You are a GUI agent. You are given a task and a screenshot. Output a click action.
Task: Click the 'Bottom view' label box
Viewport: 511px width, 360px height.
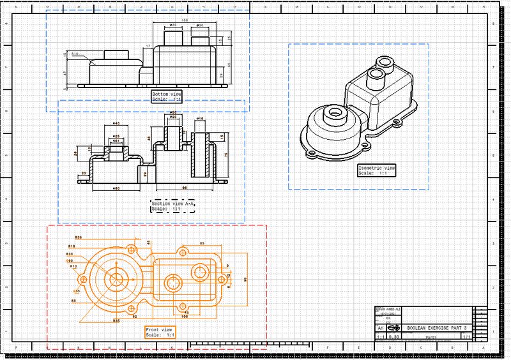point(167,96)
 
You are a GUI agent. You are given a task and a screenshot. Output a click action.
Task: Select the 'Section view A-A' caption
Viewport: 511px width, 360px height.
point(172,206)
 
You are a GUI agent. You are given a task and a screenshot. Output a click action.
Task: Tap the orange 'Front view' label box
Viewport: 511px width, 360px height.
point(160,332)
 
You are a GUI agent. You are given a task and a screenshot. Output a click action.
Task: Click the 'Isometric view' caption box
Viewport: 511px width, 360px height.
point(376,170)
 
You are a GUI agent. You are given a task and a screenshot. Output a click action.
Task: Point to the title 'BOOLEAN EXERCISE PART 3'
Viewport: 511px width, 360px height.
point(436,327)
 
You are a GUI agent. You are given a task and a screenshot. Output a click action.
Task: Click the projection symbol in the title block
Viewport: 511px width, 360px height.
point(395,327)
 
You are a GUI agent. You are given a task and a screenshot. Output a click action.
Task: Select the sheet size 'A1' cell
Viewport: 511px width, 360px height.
point(380,327)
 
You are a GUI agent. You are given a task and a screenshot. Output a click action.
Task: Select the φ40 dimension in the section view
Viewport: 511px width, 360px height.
point(116,123)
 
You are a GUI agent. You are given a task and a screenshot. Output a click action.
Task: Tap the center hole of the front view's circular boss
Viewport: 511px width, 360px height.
point(116,280)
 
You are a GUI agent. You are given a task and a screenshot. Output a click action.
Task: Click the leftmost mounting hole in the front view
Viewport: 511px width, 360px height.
point(83,280)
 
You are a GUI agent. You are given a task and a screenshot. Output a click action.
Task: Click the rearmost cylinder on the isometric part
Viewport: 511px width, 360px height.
point(385,62)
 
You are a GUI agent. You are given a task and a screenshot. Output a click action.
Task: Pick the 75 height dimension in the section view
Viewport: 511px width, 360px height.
point(225,154)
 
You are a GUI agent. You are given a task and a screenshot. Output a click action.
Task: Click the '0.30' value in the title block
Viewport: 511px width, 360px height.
point(395,336)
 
